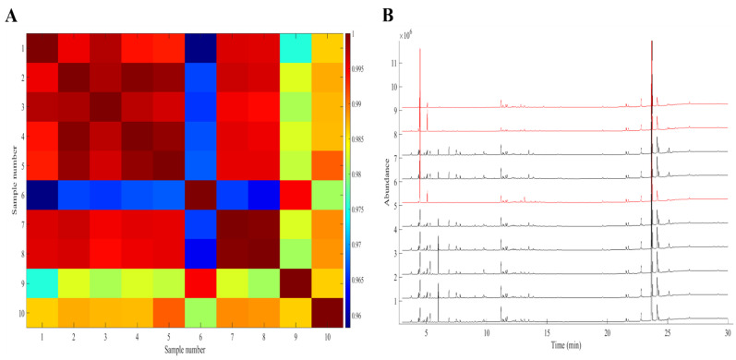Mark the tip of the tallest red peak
pos(420,49)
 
